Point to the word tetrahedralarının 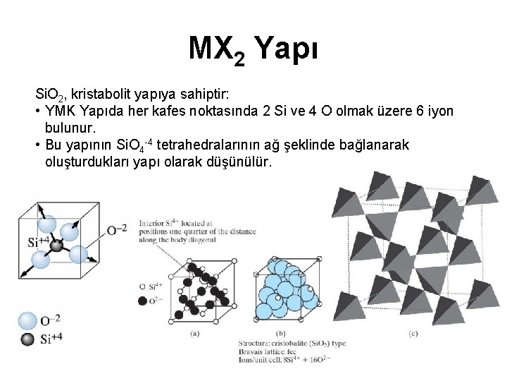coord(211,145)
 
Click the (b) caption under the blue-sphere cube coord(281,333)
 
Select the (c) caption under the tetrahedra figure coord(413,333)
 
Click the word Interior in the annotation coord(151,222)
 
